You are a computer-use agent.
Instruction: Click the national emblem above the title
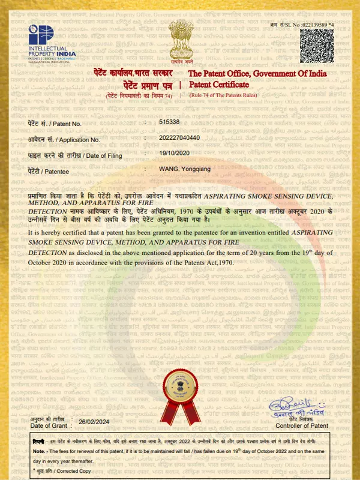[x=181, y=42]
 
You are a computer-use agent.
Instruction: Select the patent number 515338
[x=169, y=122]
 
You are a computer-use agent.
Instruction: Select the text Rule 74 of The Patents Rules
[x=223, y=95]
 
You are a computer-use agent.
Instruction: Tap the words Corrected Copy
[x=74, y=472]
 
